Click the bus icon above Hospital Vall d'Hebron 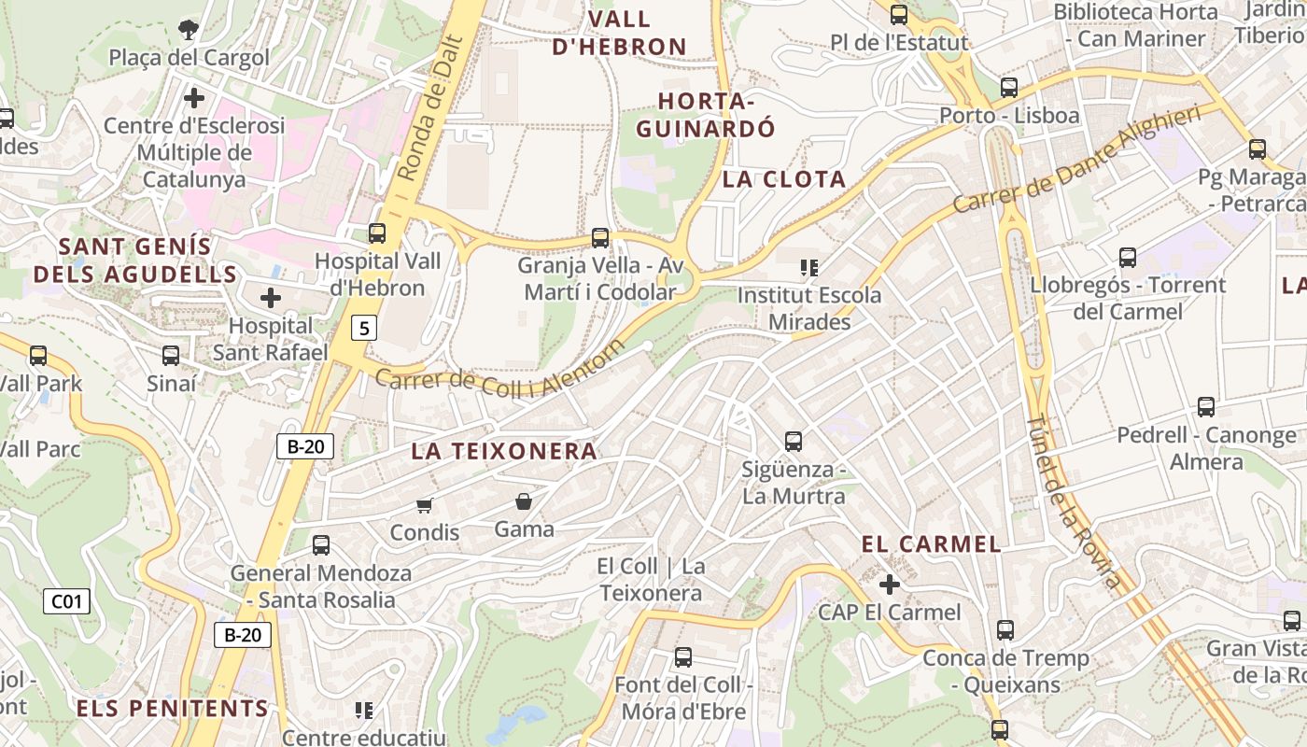click(377, 233)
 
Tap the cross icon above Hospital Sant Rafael click(271, 299)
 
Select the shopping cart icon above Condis click(425, 506)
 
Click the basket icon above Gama click(524, 502)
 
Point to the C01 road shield click(66, 601)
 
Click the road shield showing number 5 click(364, 328)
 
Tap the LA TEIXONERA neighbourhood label click(504, 451)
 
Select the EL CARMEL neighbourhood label click(931, 544)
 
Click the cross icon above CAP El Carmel click(889, 585)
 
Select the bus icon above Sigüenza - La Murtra click(794, 441)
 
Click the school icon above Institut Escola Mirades click(809, 268)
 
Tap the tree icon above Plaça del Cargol click(189, 29)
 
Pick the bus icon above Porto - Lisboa click(1009, 88)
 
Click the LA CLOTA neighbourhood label click(784, 179)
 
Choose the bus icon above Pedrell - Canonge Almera click(1206, 407)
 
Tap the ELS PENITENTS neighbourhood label click(172, 709)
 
